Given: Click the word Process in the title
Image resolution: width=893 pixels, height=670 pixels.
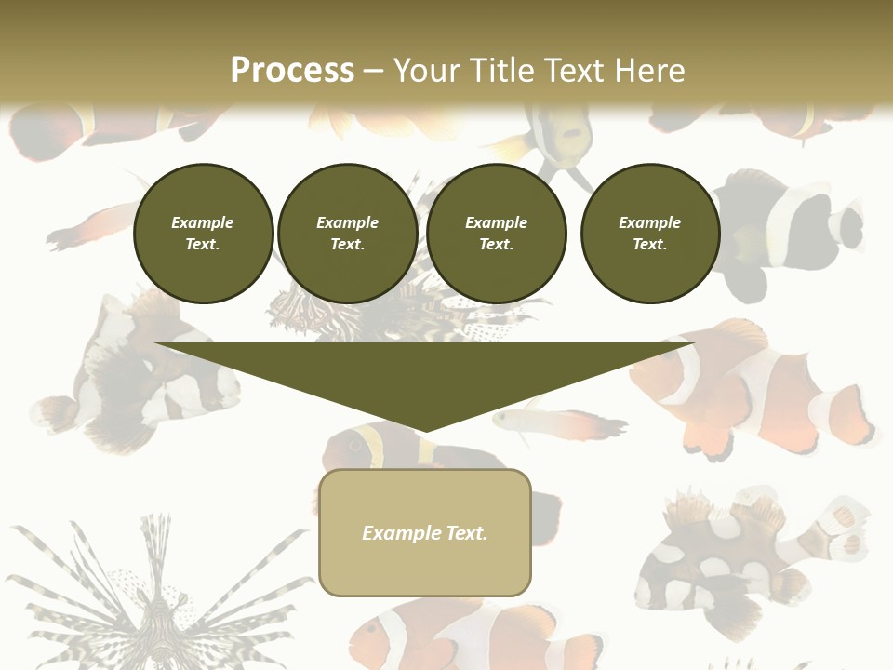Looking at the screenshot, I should pos(292,71).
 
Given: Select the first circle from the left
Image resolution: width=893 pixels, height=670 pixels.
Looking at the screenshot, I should pos(203,234).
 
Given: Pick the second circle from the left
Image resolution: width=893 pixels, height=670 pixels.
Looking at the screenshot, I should pos(348,234).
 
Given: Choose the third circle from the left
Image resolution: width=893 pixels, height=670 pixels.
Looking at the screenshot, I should pos(497,234).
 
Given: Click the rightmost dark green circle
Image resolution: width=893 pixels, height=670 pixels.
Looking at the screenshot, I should pos(650,234).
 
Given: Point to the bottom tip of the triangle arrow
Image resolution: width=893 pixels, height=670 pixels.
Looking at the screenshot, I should pos(425,432).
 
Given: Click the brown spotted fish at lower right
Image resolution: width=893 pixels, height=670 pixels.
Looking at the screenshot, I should pos(735,558).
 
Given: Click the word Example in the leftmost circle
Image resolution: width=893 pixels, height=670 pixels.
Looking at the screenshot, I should pos(203,222).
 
